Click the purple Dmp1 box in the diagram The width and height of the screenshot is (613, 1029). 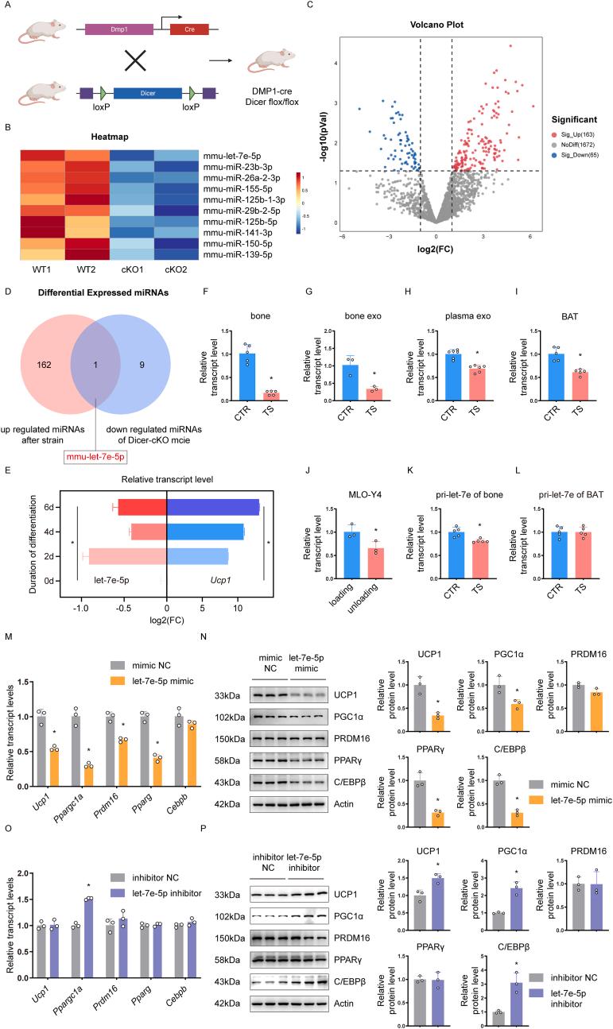pyautogui.click(x=118, y=29)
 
